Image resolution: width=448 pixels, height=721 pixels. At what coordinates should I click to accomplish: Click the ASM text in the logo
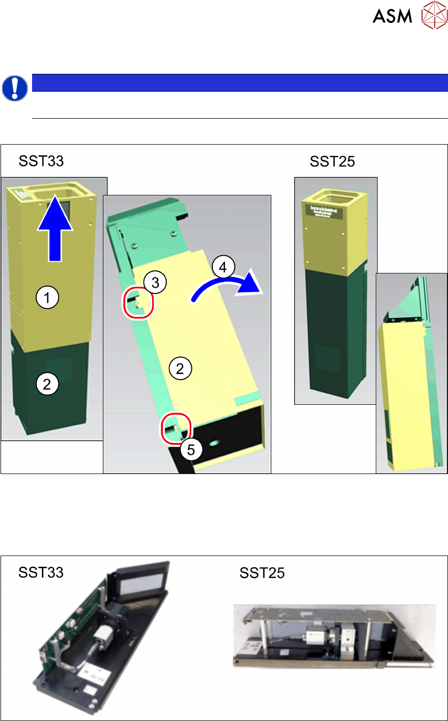click(x=392, y=16)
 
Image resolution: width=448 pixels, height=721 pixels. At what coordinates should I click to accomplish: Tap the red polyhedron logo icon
click(x=434, y=15)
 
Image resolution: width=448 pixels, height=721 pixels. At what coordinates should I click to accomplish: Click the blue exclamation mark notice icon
click(x=15, y=89)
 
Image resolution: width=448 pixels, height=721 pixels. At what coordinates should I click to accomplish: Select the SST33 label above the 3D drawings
click(x=41, y=161)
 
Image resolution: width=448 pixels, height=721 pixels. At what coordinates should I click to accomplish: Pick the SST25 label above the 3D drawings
click(x=332, y=161)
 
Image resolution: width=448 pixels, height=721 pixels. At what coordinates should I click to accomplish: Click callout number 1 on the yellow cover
click(x=47, y=297)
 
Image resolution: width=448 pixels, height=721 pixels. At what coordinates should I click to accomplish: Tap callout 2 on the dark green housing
click(x=47, y=384)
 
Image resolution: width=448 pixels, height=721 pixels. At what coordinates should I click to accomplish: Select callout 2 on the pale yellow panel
click(x=180, y=368)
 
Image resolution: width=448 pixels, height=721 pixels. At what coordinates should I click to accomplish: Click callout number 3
click(x=155, y=282)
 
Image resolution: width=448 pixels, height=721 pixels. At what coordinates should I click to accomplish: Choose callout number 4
click(x=222, y=266)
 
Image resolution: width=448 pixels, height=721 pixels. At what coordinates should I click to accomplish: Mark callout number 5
click(x=191, y=450)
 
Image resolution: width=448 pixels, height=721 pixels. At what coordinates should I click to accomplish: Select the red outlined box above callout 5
click(x=176, y=428)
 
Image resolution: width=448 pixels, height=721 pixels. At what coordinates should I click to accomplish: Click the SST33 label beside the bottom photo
click(x=41, y=572)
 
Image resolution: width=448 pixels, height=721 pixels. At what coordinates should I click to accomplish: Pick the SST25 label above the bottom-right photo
click(x=262, y=573)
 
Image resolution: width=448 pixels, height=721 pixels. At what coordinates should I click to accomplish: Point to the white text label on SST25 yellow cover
click(x=324, y=211)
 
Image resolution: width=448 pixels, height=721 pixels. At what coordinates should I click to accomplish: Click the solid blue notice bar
click(x=239, y=82)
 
